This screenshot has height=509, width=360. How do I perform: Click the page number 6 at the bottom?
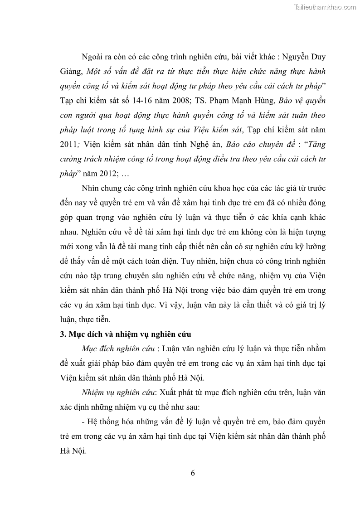[193, 473]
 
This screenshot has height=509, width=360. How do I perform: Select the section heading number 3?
[62, 334]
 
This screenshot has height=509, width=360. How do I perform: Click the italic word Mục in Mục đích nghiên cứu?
[91, 349]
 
